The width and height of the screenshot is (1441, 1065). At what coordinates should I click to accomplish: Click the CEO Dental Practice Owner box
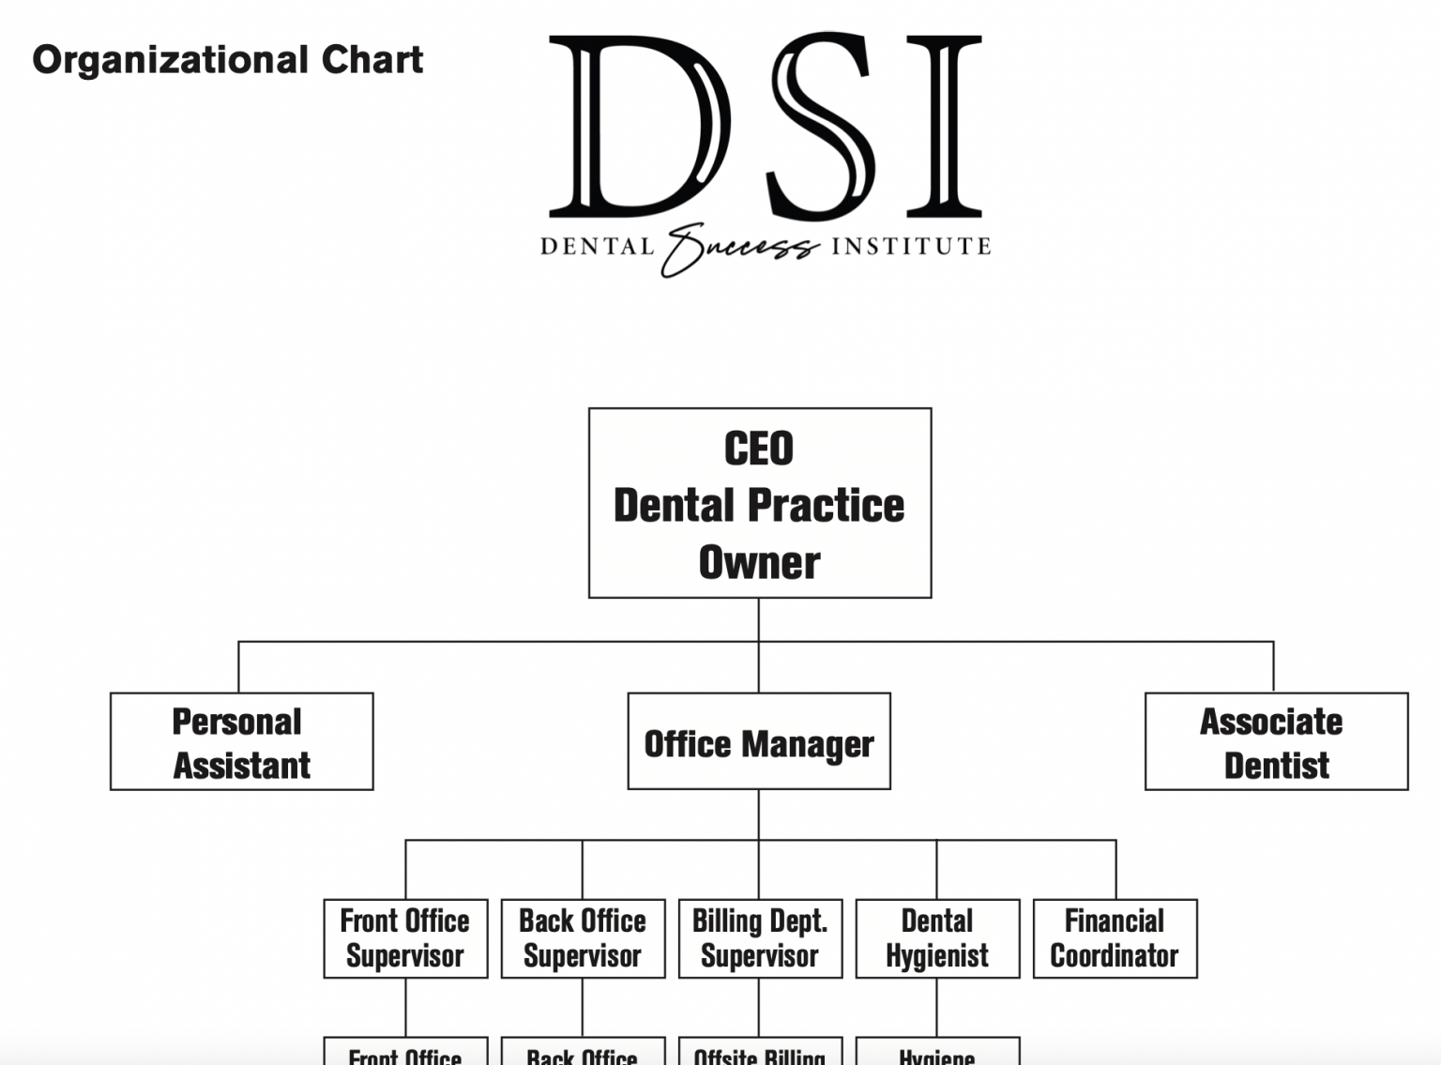[759, 503]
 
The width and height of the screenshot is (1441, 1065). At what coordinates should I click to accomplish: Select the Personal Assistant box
[241, 741]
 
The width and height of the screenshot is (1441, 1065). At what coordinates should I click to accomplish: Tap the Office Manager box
[758, 741]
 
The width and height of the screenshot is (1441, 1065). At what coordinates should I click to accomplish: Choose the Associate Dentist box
[1276, 741]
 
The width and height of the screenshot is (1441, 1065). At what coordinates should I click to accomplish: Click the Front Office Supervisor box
[405, 938]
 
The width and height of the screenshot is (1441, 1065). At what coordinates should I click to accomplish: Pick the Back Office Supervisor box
[583, 938]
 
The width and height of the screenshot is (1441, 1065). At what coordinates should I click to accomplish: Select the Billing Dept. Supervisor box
[760, 938]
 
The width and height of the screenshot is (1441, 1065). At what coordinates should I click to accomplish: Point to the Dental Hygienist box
[937, 938]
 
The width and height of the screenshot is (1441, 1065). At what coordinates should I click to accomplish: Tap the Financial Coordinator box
[1115, 938]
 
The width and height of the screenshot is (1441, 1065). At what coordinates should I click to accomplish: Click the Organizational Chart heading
[227, 60]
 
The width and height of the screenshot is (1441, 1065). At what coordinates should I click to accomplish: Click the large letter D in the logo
[638, 127]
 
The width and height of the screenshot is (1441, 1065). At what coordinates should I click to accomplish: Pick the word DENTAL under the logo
[597, 247]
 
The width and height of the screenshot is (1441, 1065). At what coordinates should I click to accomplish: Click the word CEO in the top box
[758, 449]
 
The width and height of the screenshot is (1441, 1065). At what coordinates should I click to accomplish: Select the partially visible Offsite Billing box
[760, 1053]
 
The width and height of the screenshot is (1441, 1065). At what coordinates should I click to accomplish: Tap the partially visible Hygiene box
[937, 1053]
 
